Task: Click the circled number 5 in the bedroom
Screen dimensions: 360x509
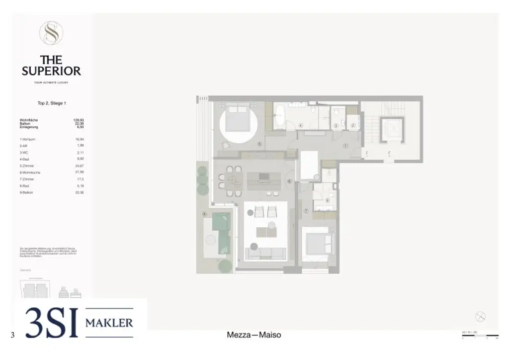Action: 259,144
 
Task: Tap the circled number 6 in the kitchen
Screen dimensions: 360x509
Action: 289,181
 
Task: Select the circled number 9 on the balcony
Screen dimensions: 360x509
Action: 204,214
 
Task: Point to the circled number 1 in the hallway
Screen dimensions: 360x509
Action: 345,146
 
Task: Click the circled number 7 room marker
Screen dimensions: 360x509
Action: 306,211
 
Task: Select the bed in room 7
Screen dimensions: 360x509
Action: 318,244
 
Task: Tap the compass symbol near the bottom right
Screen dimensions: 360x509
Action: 480,316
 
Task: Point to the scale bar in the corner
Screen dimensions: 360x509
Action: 480,336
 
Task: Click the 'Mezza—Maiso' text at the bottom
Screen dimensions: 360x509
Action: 254,335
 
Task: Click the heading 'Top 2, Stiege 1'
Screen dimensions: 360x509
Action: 52,103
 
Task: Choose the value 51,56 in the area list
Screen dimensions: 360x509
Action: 79,172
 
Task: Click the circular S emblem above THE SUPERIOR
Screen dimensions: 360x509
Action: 51,33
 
